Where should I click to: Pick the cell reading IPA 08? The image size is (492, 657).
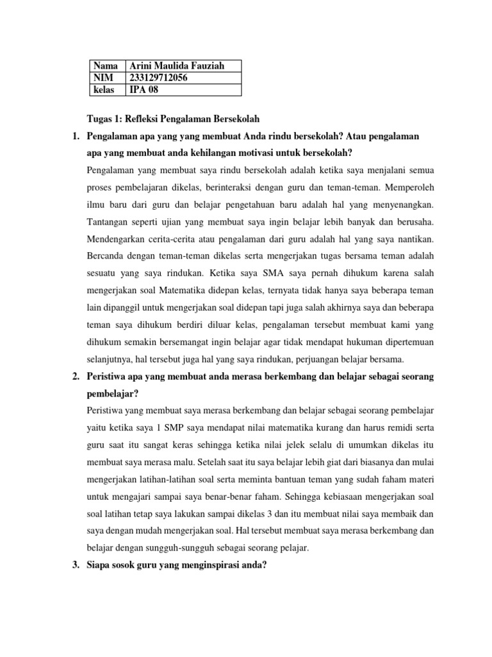143,90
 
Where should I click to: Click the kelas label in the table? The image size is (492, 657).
104,90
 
